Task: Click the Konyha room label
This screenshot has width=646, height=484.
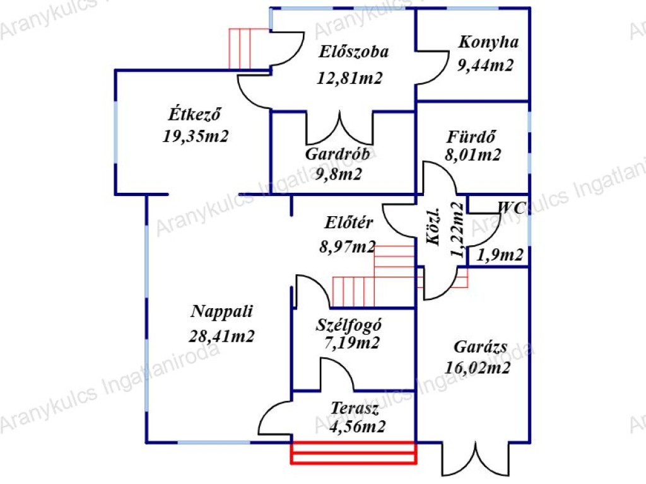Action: [x=488, y=42]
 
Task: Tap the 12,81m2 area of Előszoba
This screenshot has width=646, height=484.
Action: [x=349, y=78]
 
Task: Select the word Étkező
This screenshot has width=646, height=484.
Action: [x=194, y=114]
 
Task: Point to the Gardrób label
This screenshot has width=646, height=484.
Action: [x=338, y=154]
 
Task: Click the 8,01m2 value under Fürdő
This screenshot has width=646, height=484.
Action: [x=473, y=155]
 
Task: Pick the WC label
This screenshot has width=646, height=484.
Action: [x=512, y=207]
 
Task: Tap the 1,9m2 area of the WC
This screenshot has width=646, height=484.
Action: [x=500, y=255]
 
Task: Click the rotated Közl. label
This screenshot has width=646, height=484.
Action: [x=434, y=227]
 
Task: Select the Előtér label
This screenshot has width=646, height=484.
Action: [x=348, y=222]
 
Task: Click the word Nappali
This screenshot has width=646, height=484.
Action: [x=221, y=311]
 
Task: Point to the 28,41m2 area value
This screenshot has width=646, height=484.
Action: [x=221, y=337]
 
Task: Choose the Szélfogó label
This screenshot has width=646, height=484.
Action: [x=348, y=325]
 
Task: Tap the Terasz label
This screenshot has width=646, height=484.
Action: [x=355, y=408]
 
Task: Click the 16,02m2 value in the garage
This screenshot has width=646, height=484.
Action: [x=478, y=367]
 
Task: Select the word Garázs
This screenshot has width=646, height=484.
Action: [x=480, y=347]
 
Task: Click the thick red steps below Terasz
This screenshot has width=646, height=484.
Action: [x=353, y=452]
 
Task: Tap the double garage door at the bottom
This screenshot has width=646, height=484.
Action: [x=476, y=459]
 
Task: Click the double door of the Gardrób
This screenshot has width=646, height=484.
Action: [x=339, y=127]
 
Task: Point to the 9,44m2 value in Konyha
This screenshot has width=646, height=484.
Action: [x=485, y=65]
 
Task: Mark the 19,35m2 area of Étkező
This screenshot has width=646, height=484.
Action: [x=196, y=136]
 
